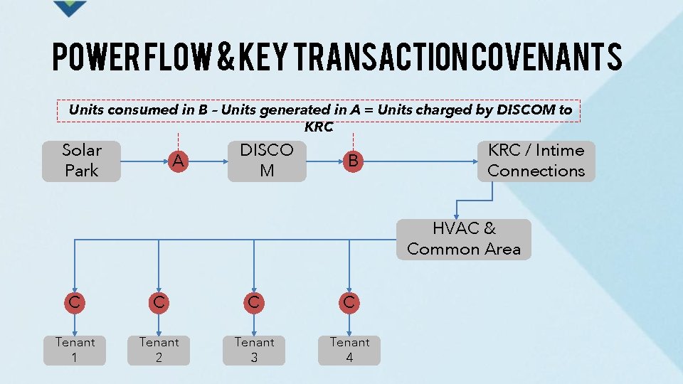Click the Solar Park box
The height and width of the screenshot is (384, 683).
pyautogui.click(x=81, y=161)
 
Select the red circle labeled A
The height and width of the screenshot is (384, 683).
pyautogui.click(x=178, y=161)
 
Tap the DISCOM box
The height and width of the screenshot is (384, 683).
pyautogui.click(x=267, y=161)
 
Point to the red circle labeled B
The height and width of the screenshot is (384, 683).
pyautogui.click(x=353, y=161)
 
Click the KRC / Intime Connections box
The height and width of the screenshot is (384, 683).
pyautogui.click(x=536, y=161)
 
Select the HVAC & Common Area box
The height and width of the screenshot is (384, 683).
pyautogui.click(x=463, y=239)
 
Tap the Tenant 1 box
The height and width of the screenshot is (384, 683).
pyautogui.click(x=75, y=350)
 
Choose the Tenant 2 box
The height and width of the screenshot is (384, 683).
pyautogui.click(x=159, y=350)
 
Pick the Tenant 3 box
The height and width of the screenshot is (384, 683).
pyautogui.click(x=254, y=350)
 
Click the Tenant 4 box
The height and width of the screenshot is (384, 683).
pyautogui.click(x=349, y=350)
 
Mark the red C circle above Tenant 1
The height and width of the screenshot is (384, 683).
pyautogui.click(x=74, y=302)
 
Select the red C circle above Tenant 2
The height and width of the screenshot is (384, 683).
pyautogui.click(x=159, y=302)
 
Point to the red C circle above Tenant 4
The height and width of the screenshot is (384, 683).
pyautogui.click(x=349, y=302)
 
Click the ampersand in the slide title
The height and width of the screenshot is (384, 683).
pyautogui.click(x=225, y=57)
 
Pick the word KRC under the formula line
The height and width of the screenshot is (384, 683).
pyautogui.click(x=318, y=127)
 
